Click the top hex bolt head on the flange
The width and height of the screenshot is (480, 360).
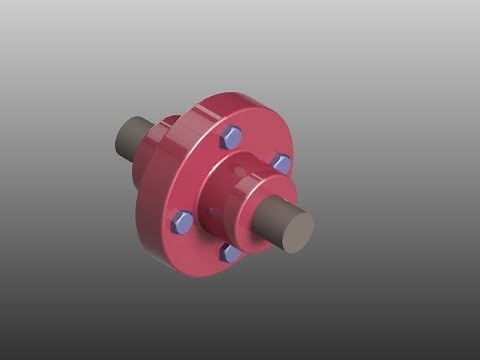pos(230,138)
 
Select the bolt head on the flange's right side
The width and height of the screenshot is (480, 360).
pos(281,163)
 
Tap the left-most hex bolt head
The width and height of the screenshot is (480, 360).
pos(182,222)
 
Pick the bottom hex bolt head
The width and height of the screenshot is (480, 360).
pos(231,252)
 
